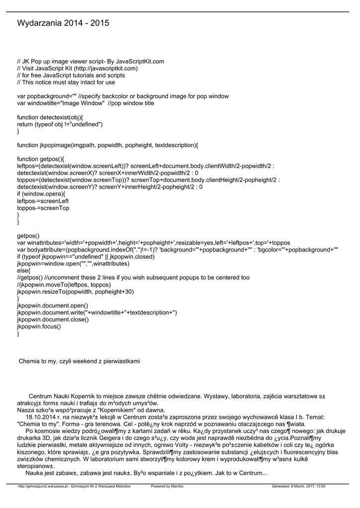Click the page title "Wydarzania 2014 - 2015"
(63, 23)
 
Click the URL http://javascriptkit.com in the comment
(106, 68)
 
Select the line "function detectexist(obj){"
(50, 117)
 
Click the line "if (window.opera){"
(41, 194)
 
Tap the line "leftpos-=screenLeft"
(43, 201)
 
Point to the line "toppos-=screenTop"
(43, 208)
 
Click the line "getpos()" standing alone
(28, 236)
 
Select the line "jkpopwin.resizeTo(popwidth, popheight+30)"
(75, 292)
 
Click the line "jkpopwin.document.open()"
(53, 306)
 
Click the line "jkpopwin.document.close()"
(53, 319)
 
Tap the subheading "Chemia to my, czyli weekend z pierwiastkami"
(79, 361)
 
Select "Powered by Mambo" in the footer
(167, 486)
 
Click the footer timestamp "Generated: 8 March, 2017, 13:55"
(298, 486)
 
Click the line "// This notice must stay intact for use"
(66, 82)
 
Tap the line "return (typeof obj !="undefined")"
(60, 124)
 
